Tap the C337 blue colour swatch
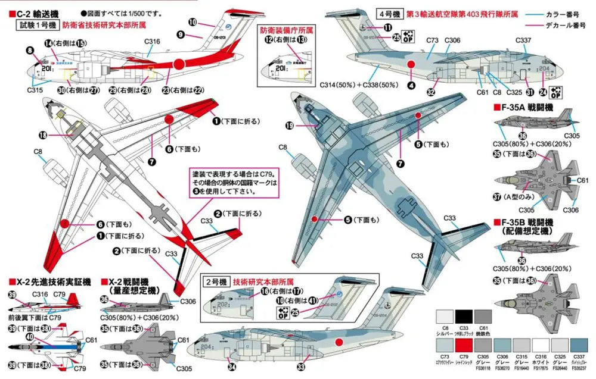576,346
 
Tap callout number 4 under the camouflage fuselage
411,84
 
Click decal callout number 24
542,92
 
